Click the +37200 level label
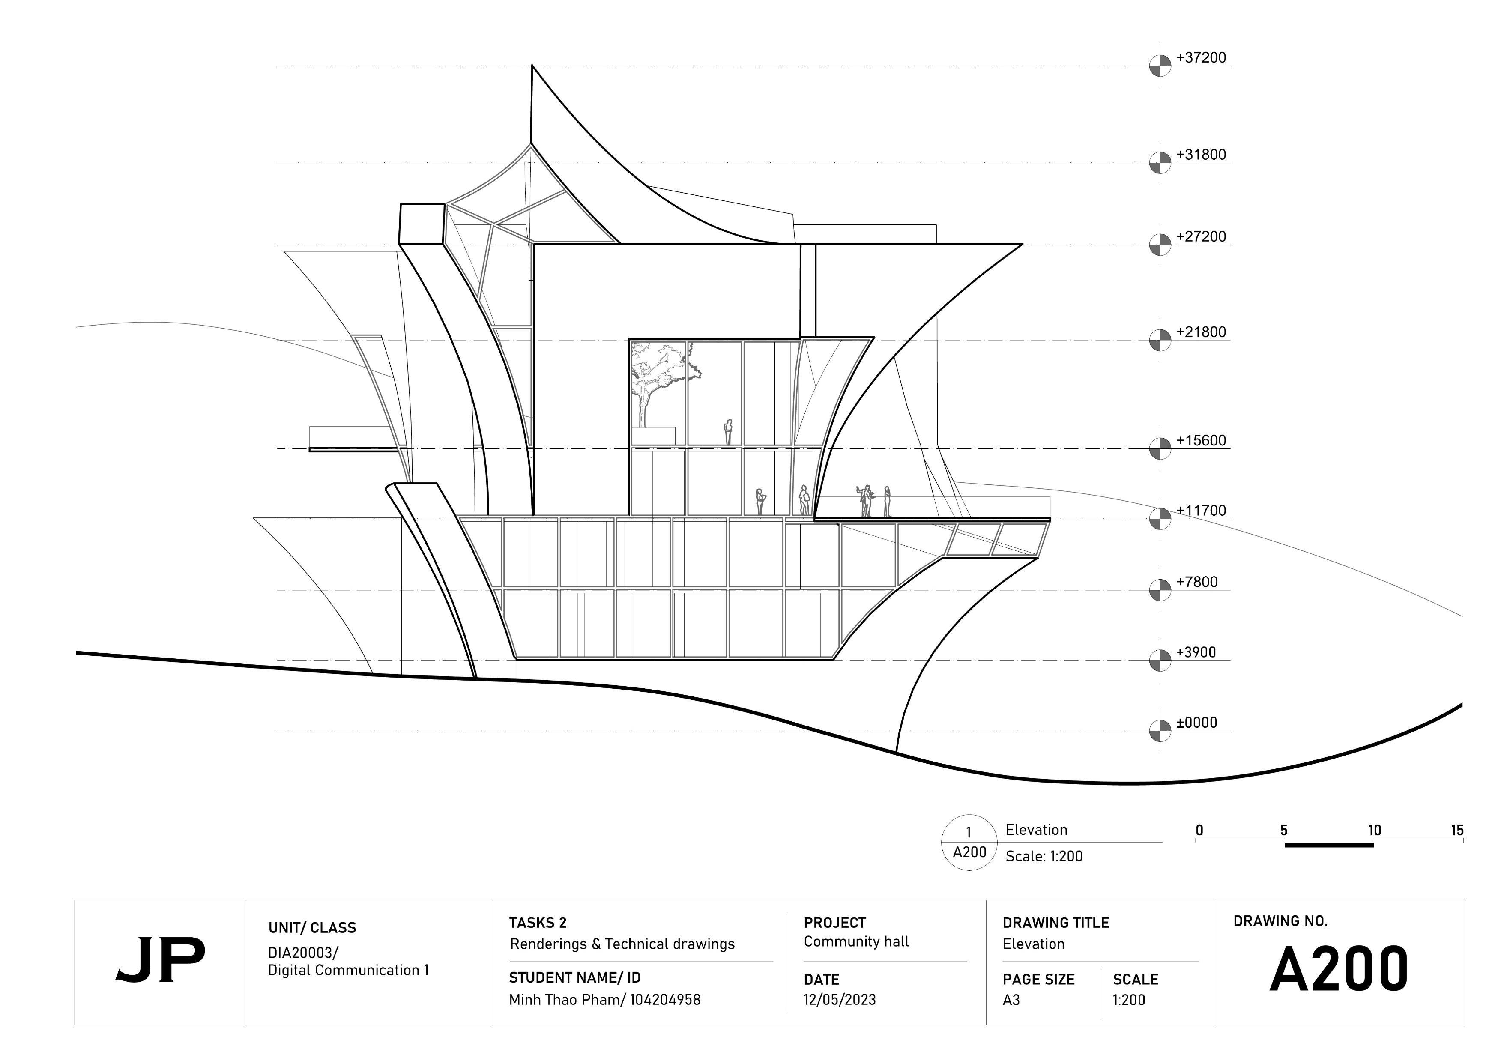click(x=1201, y=57)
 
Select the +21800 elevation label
click(x=1201, y=332)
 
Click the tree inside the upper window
click(x=657, y=379)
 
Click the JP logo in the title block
click(x=160, y=960)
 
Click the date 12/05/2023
click(x=840, y=1000)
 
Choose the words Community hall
click(x=856, y=941)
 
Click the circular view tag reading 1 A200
click(x=969, y=842)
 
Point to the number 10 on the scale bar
click(x=1374, y=830)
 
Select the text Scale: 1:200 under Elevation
click(x=1044, y=856)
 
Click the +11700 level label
click(x=1201, y=511)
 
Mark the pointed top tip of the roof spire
click(x=532, y=66)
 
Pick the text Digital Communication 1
click(x=348, y=970)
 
